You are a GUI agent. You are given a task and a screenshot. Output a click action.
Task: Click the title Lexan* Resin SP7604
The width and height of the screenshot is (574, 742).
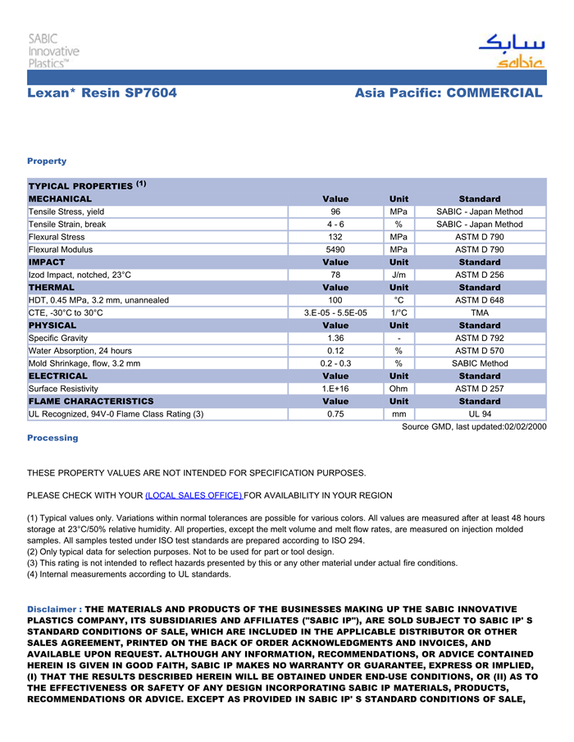[x=102, y=93]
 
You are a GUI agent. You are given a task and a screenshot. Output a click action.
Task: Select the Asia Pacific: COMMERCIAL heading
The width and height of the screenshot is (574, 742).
[x=449, y=93]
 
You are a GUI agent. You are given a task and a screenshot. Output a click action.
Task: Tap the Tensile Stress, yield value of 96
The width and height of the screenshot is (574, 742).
[x=335, y=212]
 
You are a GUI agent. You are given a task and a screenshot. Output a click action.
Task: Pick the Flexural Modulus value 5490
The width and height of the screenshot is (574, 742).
[x=335, y=249]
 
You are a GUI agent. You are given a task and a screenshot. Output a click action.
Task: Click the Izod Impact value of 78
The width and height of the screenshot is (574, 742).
[x=335, y=275]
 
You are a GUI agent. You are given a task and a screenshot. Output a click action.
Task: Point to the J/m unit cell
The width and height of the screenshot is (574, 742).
[x=398, y=275]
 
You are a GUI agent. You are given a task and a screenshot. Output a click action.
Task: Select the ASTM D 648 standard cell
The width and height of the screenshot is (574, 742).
[x=479, y=300]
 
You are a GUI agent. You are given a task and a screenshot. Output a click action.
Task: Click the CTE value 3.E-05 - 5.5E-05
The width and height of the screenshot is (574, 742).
[x=335, y=312]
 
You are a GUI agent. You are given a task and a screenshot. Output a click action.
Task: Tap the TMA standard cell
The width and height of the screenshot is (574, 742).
[x=479, y=312]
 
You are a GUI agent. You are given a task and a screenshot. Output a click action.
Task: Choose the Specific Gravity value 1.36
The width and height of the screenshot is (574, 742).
[x=335, y=338]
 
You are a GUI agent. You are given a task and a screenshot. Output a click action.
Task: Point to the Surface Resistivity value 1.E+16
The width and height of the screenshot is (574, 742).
[x=335, y=389]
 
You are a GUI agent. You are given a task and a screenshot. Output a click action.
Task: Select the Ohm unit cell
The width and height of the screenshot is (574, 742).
[x=398, y=389]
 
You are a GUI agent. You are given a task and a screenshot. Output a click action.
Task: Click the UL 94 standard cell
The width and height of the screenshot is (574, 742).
[x=479, y=414]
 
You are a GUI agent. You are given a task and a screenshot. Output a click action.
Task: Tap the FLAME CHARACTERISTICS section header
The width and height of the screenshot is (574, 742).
[x=91, y=401]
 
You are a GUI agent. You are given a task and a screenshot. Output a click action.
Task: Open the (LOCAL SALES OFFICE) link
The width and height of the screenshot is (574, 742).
[x=194, y=495]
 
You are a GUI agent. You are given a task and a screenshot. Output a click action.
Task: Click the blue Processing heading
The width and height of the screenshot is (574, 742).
[x=52, y=438]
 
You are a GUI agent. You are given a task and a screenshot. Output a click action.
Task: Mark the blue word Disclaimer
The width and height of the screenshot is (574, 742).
[x=53, y=609]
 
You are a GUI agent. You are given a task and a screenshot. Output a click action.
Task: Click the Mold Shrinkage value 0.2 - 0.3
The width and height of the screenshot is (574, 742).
[x=335, y=363]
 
